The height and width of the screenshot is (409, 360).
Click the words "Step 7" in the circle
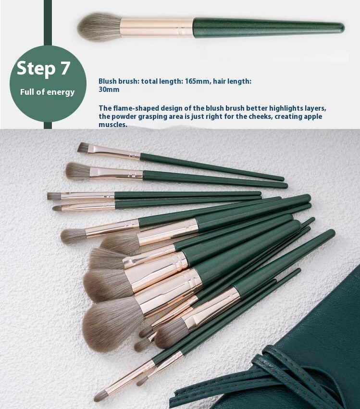(44, 68)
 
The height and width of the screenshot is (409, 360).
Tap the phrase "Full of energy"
(47, 92)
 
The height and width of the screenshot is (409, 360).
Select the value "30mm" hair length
(109, 89)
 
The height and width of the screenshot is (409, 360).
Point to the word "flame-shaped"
(136, 108)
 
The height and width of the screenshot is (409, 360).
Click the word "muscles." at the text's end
(113, 125)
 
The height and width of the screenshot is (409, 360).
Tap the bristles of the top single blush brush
(99, 27)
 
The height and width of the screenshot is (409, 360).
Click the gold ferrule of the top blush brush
(157, 27)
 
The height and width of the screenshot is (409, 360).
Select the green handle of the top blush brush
(269, 27)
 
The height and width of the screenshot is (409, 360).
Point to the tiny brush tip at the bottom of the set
(100, 396)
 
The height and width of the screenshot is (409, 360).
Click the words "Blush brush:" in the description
(119, 81)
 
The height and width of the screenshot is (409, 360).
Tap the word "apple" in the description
(312, 116)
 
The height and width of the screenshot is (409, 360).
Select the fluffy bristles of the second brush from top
(78, 171)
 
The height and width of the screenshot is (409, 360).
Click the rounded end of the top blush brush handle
(342, 27)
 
